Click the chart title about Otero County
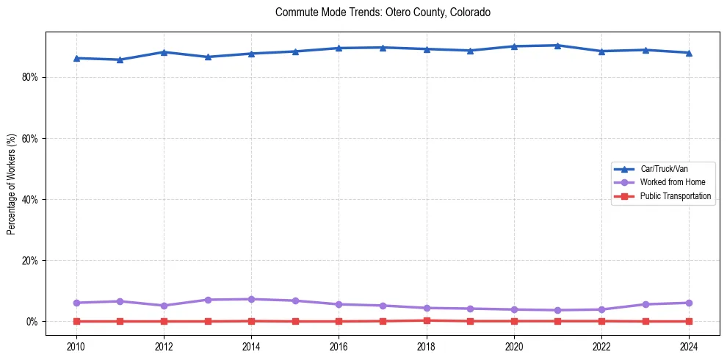pyautogui.click(x=383, y=12)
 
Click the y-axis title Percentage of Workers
pyautogui.click(x=11, y=184)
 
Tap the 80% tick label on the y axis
pyautogui.click(x=29, y=77)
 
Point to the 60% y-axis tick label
pyautogui.click(x=29, y=138)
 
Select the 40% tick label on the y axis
pyautogui.click(x=29, y=199)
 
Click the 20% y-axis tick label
pyautogui.click(x=29, y=261)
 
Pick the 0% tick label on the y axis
pyautogui.click(x=31, y=322)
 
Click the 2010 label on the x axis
pyautogui.click(x=76, y=345)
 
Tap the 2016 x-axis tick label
pyautogui.click(x=339, y=345)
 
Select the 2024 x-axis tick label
pyautogui.click(x=689, y=345)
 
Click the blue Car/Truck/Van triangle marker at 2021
pyautogui.click(x=557, y=46)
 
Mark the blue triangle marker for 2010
pyautogui.click(x=76, y=58)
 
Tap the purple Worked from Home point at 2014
pyautogui.click(x=251, y=299)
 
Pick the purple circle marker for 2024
pyautogui.click(x=689, y=303)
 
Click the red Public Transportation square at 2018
pyautogui.click(x=427, y=320)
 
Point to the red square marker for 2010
pyautogui.click(x=76, y=321)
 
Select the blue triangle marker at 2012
pyautogui.click(x=164, y=52)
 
